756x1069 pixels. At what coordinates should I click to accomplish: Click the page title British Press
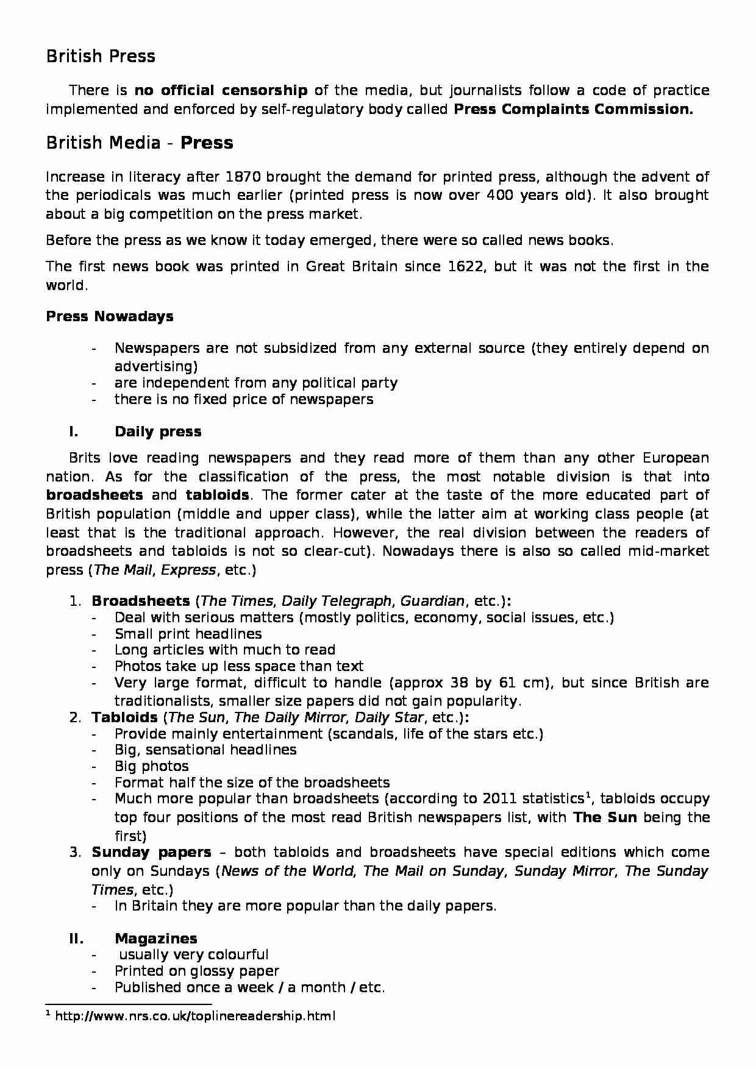point(101,57)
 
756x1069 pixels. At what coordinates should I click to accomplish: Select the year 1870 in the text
point(243,177)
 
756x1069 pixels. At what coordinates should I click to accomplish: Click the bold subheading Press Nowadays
point(110,317)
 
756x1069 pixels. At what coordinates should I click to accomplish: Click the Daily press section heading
point(158,432)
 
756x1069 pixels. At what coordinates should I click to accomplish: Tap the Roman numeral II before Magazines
point(76,939)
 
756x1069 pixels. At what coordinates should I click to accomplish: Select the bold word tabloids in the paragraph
point(217,495)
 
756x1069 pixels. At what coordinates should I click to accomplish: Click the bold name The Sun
point(605,818)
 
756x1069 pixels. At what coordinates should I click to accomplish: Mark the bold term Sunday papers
point(151,853)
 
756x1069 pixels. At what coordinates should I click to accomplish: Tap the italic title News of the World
point(287,872)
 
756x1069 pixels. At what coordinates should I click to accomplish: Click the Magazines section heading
point(155,939)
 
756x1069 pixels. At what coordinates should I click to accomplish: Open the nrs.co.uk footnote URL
point(195,1017)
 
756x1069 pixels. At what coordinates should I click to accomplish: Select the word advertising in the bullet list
point(156,367)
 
